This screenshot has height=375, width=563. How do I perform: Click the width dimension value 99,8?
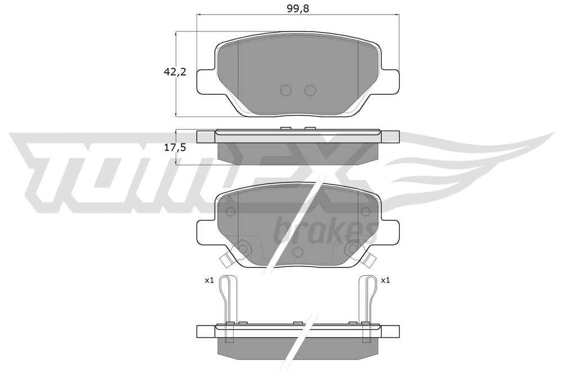click(x=298, y=8)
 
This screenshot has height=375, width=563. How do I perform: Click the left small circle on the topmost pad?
click(x=285, y=91)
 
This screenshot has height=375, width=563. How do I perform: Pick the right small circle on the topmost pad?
click(x=309, y=91)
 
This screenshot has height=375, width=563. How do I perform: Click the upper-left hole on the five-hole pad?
click(x=230, y=212)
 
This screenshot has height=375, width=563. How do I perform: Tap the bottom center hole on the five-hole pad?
click(x=298, y=251)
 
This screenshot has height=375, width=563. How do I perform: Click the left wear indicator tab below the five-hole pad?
click(x=225, y=261)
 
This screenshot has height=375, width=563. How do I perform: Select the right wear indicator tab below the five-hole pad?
click(x=372, y=261)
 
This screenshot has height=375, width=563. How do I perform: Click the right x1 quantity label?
click(x=386, y=280)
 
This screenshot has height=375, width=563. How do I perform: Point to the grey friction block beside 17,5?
click(x=298, y=150)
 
